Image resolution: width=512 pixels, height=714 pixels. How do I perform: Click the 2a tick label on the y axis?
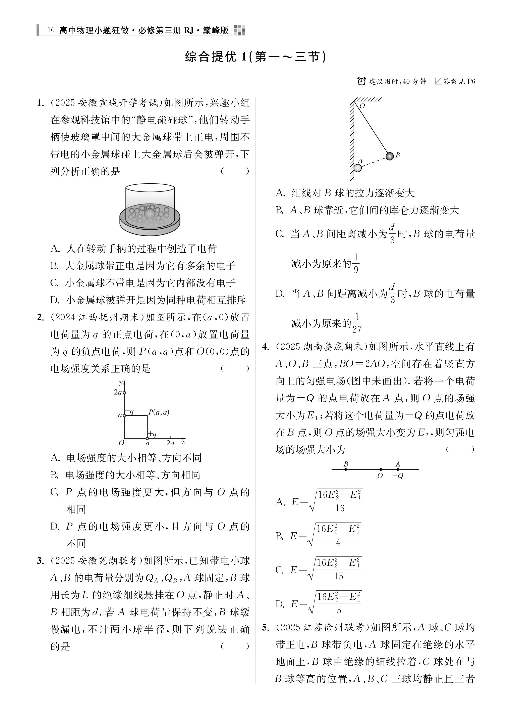click(118, 392)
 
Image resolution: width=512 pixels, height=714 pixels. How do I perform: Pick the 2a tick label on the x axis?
click(170, 443)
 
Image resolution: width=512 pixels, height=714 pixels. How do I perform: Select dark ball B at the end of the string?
click(390, 156)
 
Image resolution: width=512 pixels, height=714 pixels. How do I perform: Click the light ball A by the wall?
click(358, 168)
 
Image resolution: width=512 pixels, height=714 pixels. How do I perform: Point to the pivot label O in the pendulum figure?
click(362, 106)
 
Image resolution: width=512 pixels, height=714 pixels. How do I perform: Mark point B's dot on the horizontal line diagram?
click(346, 469)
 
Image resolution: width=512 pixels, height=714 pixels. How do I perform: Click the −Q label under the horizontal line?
click(398, 476)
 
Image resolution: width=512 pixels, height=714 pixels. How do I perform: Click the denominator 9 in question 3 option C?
click(356, 270)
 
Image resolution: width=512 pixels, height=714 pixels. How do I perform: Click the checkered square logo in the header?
click(239, 30)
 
